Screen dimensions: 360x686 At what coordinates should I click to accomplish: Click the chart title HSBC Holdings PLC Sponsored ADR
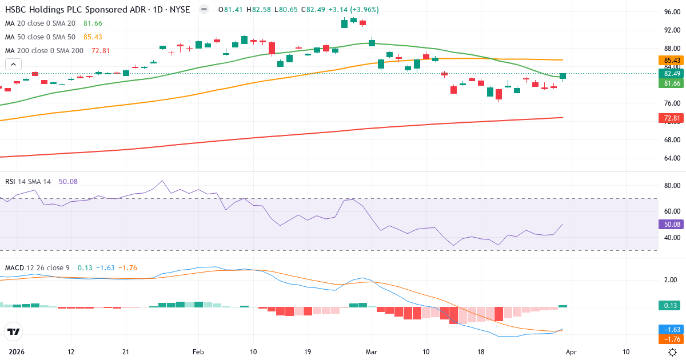coord(68,10)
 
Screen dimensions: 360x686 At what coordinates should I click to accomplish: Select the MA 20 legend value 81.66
coord(93,23)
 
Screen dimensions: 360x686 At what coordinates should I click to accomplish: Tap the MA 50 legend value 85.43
coord(93,37)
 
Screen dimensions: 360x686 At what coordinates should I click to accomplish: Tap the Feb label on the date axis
coord(198,352)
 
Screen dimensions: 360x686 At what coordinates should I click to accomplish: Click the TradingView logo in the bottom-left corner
coord(13,331)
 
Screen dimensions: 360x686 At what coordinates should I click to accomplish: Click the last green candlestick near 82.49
coord(563,76)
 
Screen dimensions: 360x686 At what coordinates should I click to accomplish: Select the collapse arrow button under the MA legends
coord(13,65)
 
